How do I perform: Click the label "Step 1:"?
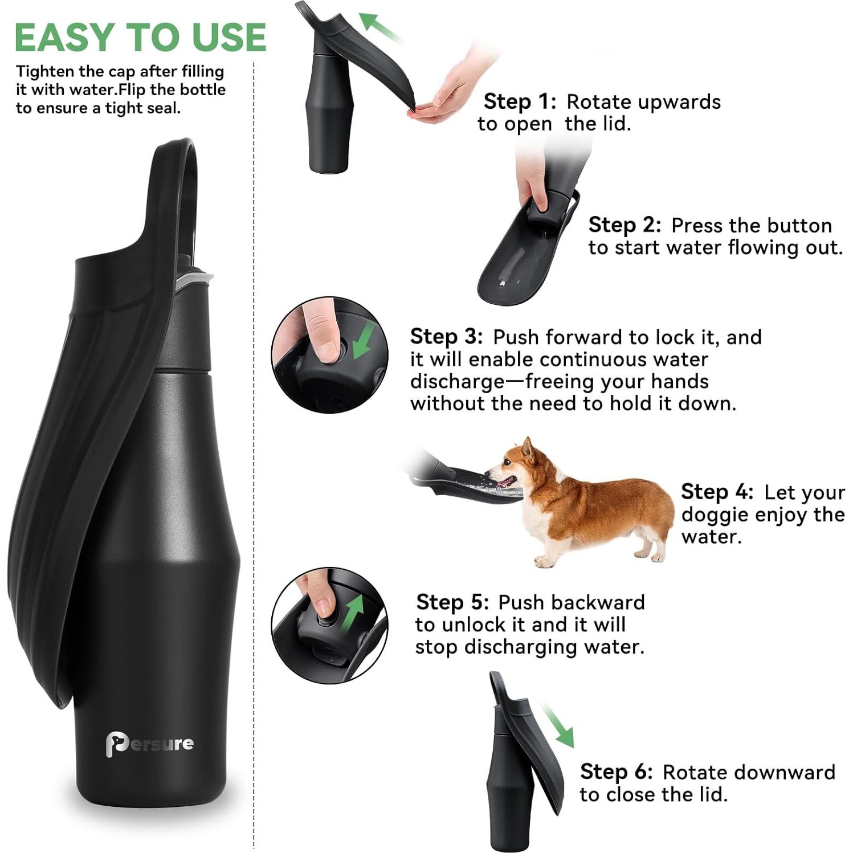pos(519,101)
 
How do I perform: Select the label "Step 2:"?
pos(625,225)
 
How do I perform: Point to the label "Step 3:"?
pos(446,336)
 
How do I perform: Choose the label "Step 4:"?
pos(717,492)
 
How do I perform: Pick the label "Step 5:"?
pos(452,602)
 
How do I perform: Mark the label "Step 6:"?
pos(616,772)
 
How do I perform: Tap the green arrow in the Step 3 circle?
pos(363,340)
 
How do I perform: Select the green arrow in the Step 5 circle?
pos(354,611)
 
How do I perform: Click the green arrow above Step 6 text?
pos(558,725)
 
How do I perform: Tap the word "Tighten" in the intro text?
pos(45,72)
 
